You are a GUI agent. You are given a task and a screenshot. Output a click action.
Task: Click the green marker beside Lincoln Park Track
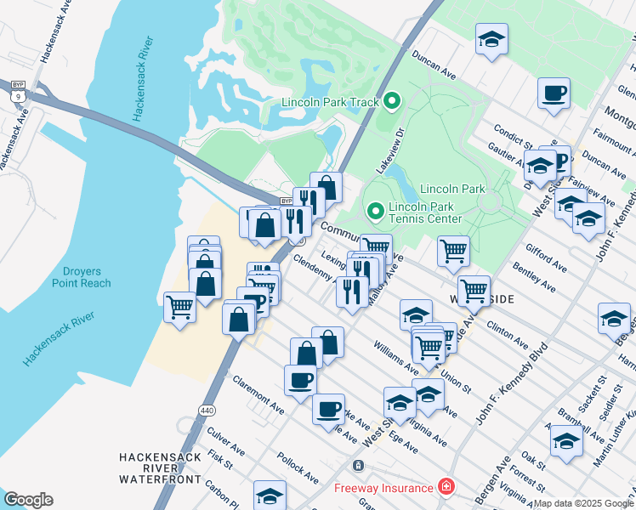392,102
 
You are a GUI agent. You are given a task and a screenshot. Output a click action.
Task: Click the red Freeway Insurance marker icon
445,487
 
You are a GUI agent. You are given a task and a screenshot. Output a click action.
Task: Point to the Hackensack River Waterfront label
160,468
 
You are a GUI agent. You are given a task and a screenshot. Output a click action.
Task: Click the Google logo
28,500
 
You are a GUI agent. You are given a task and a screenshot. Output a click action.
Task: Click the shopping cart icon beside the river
180,307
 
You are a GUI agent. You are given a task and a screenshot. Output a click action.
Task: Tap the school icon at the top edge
491,41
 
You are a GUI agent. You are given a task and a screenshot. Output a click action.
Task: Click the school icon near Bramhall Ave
566,440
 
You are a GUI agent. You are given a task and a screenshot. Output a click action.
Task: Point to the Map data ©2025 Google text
584,503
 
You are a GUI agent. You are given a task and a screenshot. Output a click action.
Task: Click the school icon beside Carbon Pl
270,496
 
